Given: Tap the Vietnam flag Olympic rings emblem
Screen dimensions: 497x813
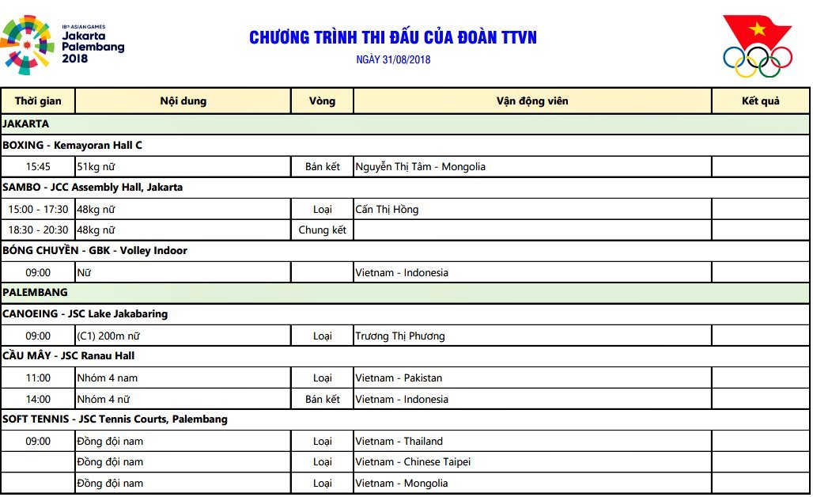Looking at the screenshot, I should (x=757, y=47).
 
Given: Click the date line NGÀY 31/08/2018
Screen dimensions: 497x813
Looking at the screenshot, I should (x=393, y=59).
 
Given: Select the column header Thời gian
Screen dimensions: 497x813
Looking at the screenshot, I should (x=38, y=101).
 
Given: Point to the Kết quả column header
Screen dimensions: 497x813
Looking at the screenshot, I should (x=760, y=101).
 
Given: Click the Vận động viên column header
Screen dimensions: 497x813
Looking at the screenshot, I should (x=531, y=101).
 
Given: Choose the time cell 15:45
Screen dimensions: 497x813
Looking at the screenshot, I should (x=38, y=167).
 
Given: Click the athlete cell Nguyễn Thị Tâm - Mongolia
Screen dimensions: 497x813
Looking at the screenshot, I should (x=420, y=167).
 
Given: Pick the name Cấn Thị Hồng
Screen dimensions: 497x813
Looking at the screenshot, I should (x=387, y=210).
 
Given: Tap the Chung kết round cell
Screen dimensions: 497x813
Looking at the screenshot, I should (x=322, y=230).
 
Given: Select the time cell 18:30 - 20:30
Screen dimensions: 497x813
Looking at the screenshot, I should (x=38, y=230).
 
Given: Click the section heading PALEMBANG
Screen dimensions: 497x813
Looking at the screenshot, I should (x=36, y=293).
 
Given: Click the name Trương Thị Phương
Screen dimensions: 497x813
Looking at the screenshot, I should (x=399, y=336).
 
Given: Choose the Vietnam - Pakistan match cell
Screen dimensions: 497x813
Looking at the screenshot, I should (x=399, y=378).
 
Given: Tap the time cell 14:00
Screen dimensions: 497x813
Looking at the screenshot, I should (x=38, y=400).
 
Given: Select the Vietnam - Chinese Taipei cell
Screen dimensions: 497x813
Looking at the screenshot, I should (x=413, y=462).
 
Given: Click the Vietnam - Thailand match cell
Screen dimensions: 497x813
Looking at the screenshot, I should (x=399, y=442).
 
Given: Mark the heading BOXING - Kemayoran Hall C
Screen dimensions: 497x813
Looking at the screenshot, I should (x=73, y=146).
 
